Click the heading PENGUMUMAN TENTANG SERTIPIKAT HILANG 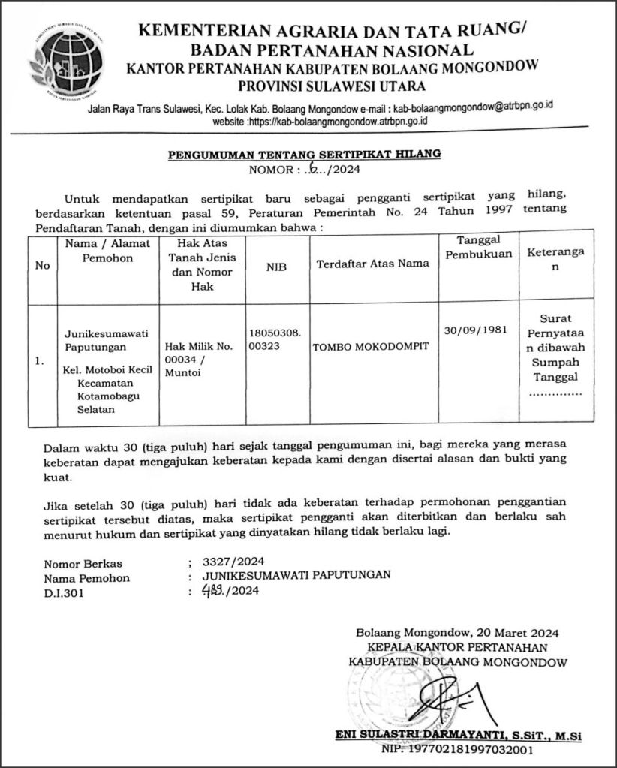(304, 155)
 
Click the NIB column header (276, 265)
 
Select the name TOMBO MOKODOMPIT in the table (366, 346)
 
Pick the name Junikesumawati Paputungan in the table (106, 340)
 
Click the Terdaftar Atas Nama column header (373, 264)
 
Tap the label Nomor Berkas (83, 563)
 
